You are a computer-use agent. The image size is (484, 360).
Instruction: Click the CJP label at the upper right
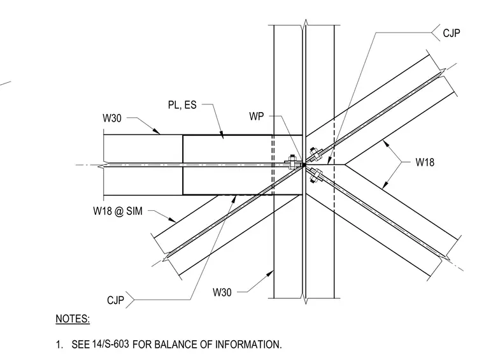click(x=452, y=33)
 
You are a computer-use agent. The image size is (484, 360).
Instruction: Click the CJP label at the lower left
click(x=115, y=300)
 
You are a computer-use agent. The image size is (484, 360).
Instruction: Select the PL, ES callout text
click(x=182, y=105)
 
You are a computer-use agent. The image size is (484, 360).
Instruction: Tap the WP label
click(x=257, y=117)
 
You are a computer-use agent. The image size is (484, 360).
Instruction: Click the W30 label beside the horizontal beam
click(x=112, y=119)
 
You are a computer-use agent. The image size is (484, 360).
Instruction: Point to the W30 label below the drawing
click(x=222, y=292)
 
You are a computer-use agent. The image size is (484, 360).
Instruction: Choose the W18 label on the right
click(x=425, y=162)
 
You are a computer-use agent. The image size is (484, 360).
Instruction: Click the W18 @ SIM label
click(x=118, y=211)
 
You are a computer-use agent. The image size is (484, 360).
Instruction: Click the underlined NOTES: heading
click(x=73, y=319)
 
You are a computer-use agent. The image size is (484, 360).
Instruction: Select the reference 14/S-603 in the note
click(x=111, y=344)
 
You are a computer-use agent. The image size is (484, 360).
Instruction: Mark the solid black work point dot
click(x=304, y=165)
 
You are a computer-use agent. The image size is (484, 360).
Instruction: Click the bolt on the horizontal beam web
click(x=292, y=162)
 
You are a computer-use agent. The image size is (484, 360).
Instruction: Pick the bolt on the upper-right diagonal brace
click(x=315, y=154)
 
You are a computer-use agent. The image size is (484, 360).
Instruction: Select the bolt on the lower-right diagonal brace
click(x=316, y=176)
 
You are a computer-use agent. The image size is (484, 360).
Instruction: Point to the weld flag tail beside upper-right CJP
click(x=436, y=32)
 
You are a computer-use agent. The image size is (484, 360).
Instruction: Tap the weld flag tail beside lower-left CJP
click(x=130, y=300)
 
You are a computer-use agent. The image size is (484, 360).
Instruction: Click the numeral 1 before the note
click(x=59, y=345)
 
